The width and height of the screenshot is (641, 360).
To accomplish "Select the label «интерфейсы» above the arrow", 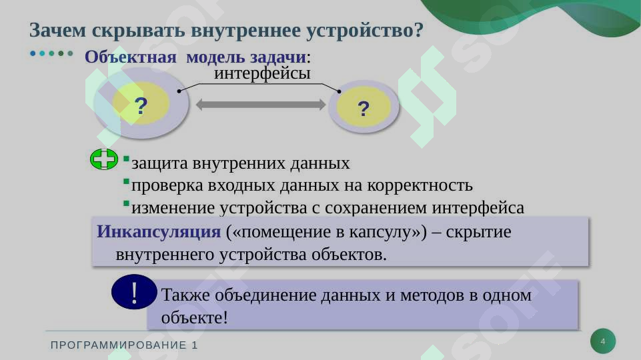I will click(x=262, y=73).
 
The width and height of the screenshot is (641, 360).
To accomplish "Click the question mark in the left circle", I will click(x=141, y=105).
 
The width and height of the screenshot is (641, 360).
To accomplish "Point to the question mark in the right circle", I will click(x=364, y=108).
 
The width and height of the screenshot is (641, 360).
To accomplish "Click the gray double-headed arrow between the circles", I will click(x=261, y=105).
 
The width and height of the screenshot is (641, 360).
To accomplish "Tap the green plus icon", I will click(x=103, y=159).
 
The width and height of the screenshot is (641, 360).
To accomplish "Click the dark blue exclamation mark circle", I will click(x=135, y=292).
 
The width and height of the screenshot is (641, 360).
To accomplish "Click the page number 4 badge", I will click(x=603, y=342).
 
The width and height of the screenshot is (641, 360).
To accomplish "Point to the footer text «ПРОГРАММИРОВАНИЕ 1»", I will click(x=125, y=345).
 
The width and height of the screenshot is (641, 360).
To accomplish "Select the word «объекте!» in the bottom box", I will click(x=195, y=317).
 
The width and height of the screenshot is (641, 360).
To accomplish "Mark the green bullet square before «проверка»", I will click(x=125, y=181).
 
